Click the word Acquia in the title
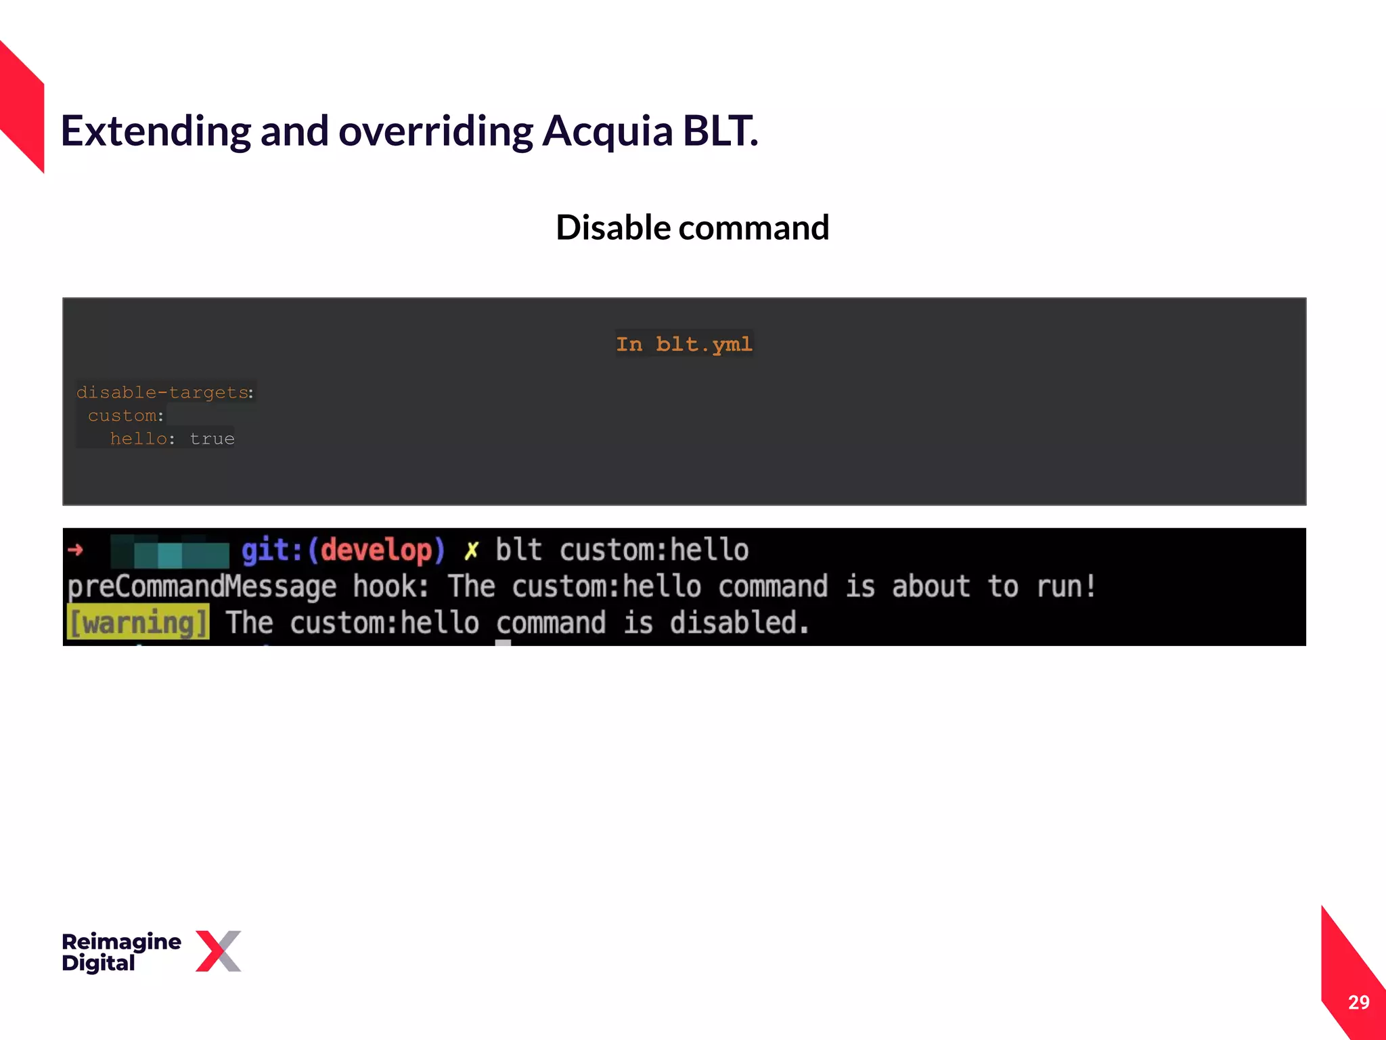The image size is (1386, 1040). click(607, 131)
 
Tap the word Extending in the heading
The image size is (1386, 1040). click(156, 131)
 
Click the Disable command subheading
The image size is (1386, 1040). click(692, 227)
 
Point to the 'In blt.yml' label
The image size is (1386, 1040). click(684, 344)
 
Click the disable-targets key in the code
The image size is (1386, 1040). click(162, 393)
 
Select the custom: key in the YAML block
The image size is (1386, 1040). click(125, 416)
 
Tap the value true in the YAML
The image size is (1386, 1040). click(212, 439)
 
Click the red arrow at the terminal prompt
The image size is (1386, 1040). click(75, 550)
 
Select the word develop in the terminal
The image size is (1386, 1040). click(376, 550)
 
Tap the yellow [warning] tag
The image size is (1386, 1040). click(139, 622)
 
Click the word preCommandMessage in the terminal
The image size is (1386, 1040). click(202, 586)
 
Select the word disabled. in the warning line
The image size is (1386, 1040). click(739, 622)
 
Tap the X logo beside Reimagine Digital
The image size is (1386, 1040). click(218, 951)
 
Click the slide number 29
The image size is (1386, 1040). click(1358, 1002)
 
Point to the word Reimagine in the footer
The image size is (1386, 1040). click(121, 941)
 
